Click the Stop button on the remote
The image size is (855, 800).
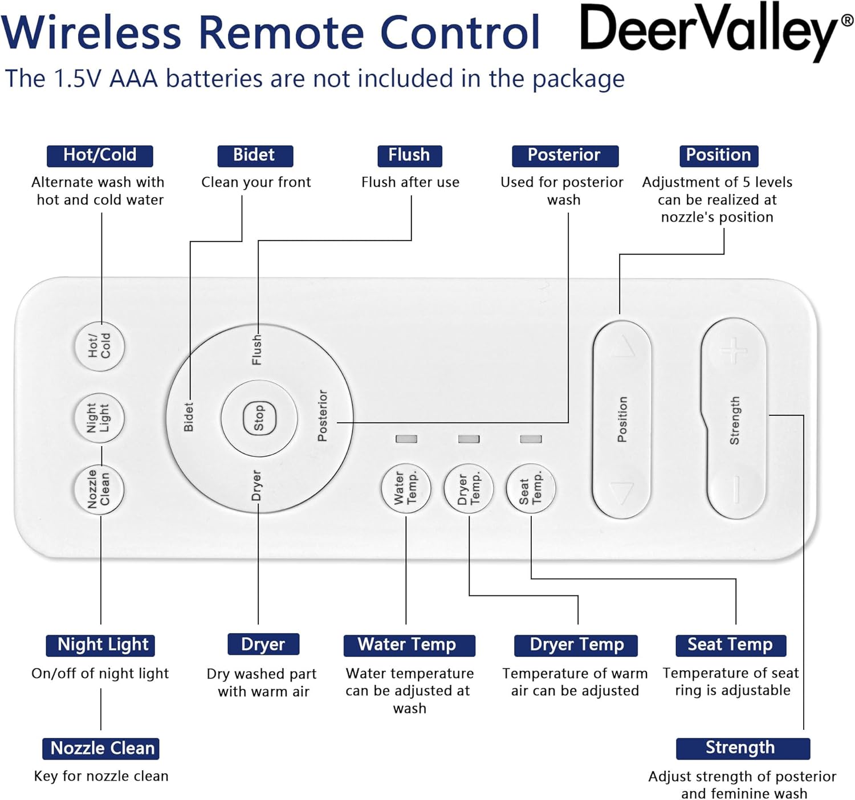pos(259,418)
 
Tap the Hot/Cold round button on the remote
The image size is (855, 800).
pos(100,346)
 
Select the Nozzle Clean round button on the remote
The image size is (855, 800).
pos(100,489)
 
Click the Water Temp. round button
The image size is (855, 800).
pos(406,488)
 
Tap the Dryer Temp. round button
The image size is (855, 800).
pos(469,488)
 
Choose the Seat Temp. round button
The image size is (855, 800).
pos(531,488)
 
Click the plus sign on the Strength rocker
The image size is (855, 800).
pos(734,350)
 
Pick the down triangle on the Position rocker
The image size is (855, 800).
pos(622,491)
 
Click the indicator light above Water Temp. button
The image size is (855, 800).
pos(406,439)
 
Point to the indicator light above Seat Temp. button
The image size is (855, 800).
pos(531,439)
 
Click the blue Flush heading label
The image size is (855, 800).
pos(409,156)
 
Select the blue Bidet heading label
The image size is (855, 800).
pos(255,156)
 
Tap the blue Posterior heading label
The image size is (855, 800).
pos(564,156)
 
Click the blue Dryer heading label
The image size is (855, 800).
pos(263,644)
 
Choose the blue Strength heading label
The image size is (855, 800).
pos(742,748)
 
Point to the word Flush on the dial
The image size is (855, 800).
pos(257,349)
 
